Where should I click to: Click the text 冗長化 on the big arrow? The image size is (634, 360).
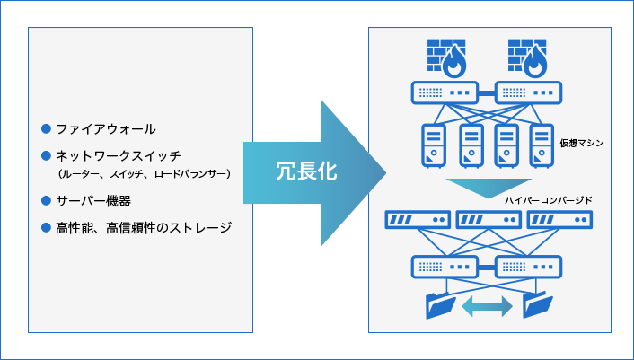tap(305, 171)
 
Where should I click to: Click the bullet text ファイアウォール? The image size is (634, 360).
tap(105, 128)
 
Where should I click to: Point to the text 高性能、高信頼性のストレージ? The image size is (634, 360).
tap(144, 227)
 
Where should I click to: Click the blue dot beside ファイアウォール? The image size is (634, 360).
tap(47, 128)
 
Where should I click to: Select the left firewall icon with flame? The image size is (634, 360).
tap(445, 58)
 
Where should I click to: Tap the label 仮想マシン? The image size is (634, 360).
tap(582, 143)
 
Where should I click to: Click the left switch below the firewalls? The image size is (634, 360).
tap(444, 92)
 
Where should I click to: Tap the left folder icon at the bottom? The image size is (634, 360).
tap(442, 305)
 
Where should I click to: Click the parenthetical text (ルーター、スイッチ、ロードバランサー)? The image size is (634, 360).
tap(144, 172)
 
